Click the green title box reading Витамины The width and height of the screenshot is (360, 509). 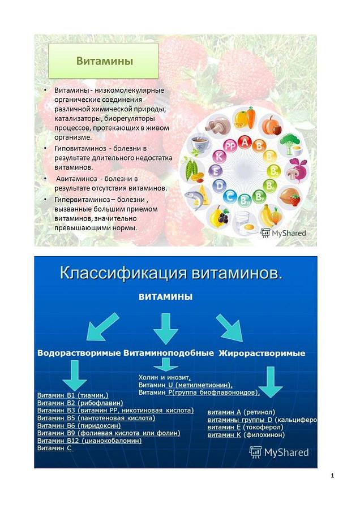tap(105, 61)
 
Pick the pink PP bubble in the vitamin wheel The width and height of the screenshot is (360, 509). tap(229, 146)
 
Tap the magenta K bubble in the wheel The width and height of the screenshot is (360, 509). tap(217, 156)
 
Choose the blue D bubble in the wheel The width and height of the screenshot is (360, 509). tap(230, 196)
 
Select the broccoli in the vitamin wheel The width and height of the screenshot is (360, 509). tap(290, 141)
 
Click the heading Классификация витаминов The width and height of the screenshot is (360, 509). tap(170, 274)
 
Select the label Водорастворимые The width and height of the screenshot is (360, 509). tap(79, 353)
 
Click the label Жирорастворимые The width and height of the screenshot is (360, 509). tap(262, 353)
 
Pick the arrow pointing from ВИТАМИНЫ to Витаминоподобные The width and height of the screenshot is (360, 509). tap(166, 327)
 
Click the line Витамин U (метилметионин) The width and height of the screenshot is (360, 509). tap(185, 384)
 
